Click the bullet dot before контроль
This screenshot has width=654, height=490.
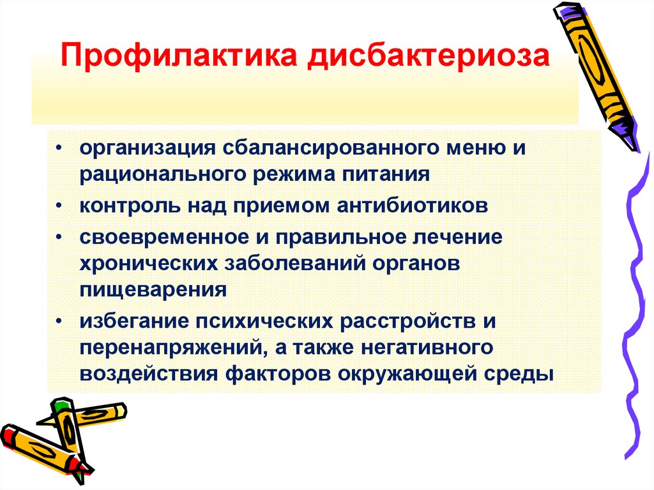(59, 206)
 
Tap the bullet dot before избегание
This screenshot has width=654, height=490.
(59, 319)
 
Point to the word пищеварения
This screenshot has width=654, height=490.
(153, 288)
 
